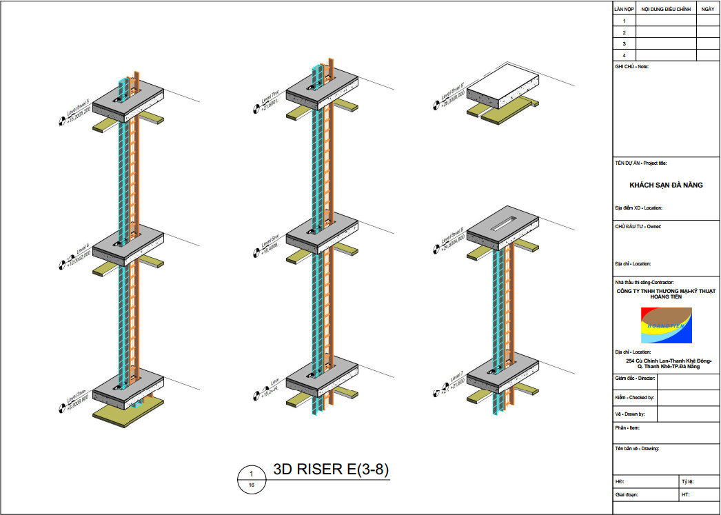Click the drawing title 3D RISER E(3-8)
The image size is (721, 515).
(332, 470)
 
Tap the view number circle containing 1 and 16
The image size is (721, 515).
(252, 479)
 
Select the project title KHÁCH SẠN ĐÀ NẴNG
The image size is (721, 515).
(666, 185)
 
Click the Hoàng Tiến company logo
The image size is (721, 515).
(666, 325)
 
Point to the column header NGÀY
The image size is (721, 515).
(708, 10)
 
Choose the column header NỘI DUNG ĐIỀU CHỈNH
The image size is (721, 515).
(665, 10)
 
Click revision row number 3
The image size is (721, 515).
(624, 43)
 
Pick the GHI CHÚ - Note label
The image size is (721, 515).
(631, 66)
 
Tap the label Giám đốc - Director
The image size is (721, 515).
(635, 379)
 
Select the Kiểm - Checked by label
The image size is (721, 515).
(635, 398)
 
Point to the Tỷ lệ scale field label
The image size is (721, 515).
(687, 481)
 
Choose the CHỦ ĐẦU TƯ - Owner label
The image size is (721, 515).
(638, 226)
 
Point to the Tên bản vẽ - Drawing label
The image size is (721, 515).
(637, 449)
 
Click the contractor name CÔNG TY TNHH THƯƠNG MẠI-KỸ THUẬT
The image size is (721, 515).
(666, 291)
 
